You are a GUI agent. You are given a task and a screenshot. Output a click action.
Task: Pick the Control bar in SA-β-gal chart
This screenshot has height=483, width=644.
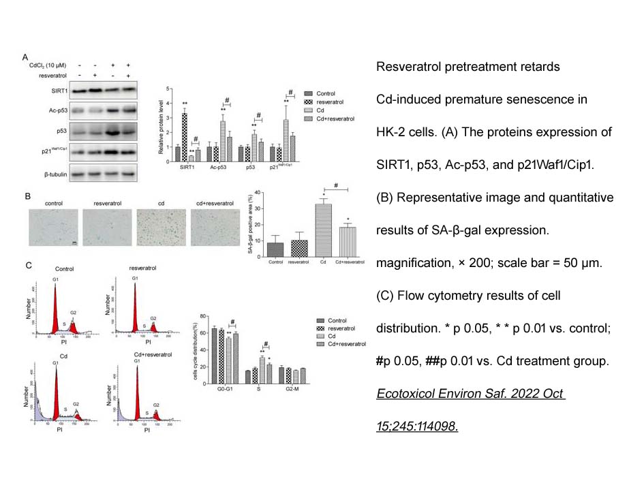click(x=275, y=249)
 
